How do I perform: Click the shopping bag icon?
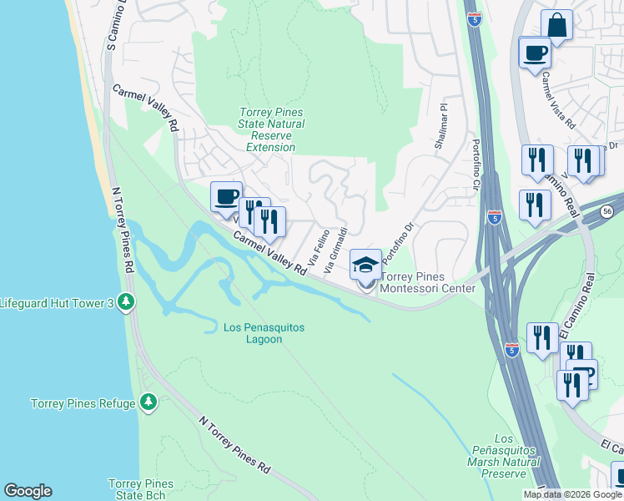click(x=556, y=25)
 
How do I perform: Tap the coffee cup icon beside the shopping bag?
click(x=535, y=53)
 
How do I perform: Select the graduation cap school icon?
click(x=365, y=265)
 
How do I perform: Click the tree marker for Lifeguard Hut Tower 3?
click(x=126, y=301)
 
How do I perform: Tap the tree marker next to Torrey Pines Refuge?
click(x=148, y=403)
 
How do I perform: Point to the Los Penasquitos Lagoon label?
click(x=264, y=334)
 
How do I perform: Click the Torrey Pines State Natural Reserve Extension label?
click(x=271, y=129)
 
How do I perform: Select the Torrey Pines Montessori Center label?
click(x=427, y=283)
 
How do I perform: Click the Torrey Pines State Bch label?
click(x=141, y=489)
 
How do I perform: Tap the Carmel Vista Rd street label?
click(x=557, y=99)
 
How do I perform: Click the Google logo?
click(x=28, y=491)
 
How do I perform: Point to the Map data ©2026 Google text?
click(x=572, y=494)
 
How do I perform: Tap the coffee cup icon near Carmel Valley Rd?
click(x=226, y=197)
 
